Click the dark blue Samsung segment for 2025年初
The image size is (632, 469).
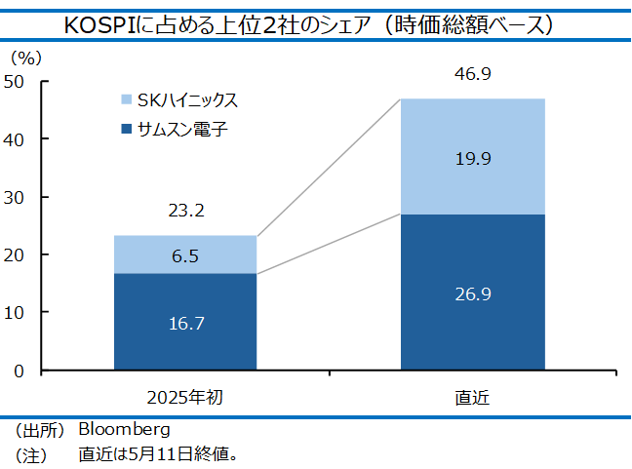185,322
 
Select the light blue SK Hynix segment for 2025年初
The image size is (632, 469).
185,254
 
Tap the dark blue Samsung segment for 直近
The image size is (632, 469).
473,293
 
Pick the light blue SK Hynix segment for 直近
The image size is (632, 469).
473,157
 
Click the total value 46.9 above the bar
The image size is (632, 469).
473,74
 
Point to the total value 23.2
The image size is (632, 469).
186,211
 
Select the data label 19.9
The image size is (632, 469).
473,159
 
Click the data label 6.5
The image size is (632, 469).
185,256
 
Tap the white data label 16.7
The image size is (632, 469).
186,324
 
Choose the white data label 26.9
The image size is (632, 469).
473,294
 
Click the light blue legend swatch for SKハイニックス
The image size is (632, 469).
127,99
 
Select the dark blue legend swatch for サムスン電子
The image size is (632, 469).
127,129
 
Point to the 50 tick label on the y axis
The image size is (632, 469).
14,82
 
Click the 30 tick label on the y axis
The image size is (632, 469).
14,198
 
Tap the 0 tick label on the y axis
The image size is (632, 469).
19,371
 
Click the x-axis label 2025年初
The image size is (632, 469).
185,398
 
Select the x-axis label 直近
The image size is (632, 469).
472,398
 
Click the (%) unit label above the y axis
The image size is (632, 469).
26,59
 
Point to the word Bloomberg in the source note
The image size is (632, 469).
124,430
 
